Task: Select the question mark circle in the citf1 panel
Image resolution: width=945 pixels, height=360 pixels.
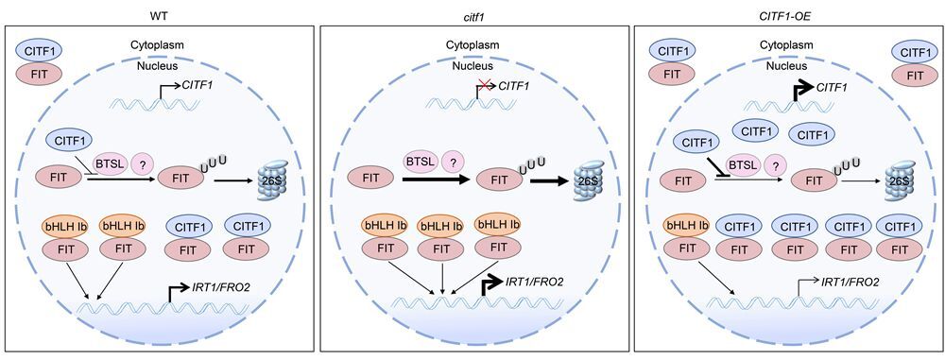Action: [x=454, y=162]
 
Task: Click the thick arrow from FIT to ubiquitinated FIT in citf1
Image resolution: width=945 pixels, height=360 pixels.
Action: [x=436, y=180]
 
